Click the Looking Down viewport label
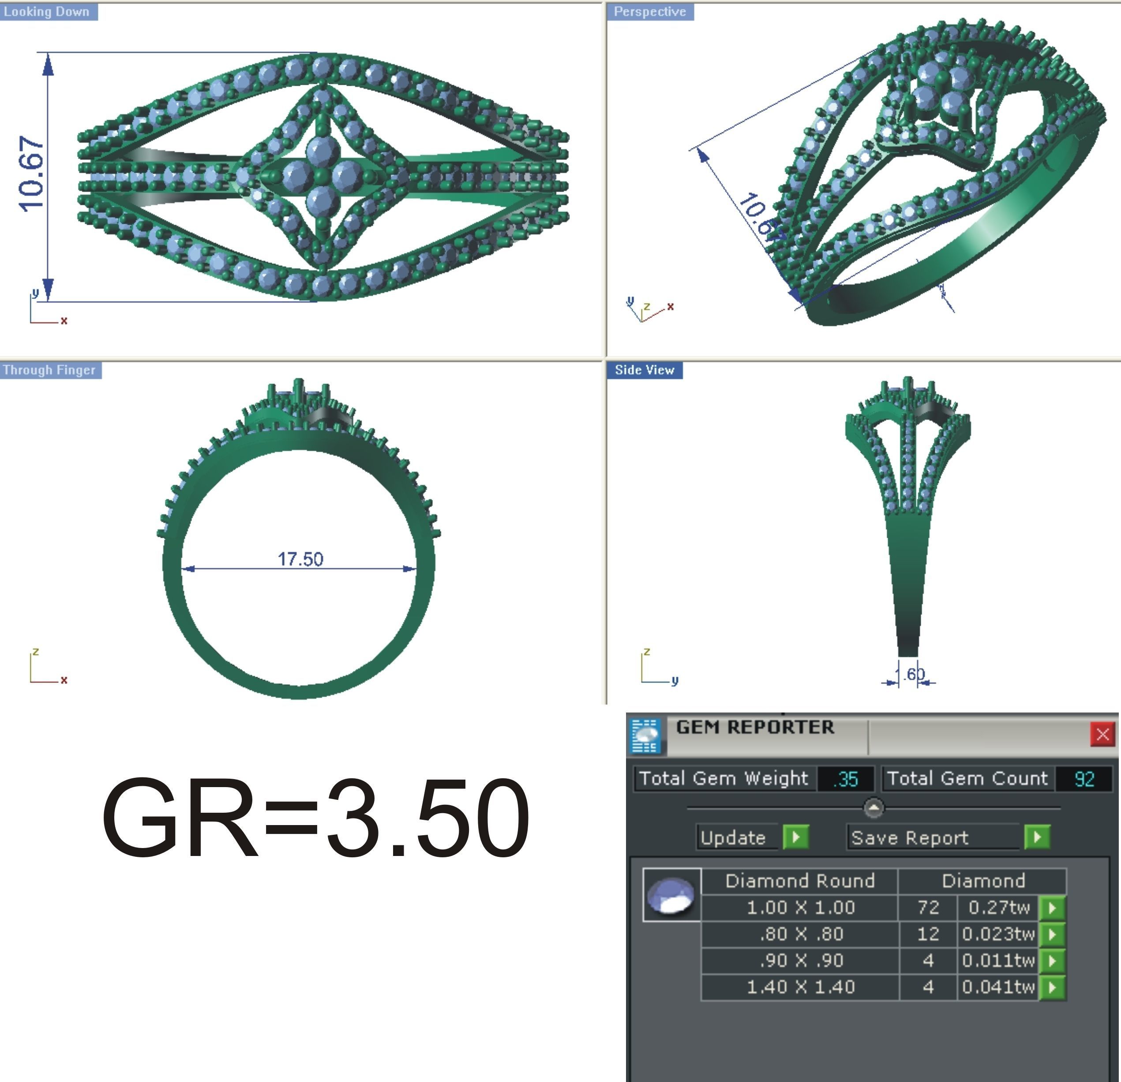point(47,11)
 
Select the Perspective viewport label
point(650,11)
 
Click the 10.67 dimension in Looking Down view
point(31,174)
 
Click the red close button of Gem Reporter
point(1102,734)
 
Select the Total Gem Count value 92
point(1084,779)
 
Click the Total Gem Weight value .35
point(846,779)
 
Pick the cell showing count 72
point(928,908)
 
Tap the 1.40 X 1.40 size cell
point(800,987)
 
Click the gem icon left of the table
point(671,895)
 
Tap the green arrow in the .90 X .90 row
point(1052,961)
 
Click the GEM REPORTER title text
point(754,727)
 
